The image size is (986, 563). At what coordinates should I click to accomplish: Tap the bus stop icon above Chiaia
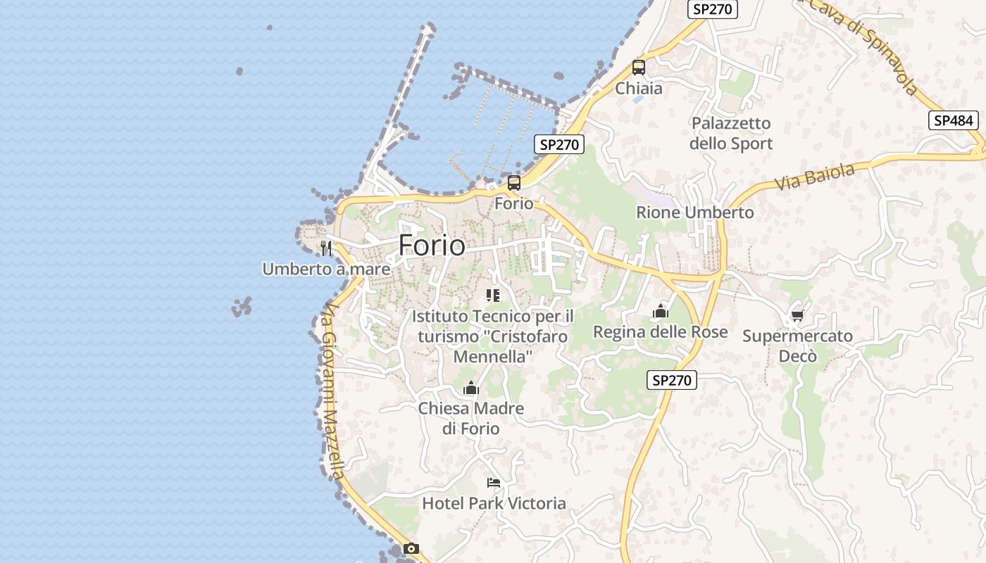pyautogui.click(x=639, y=68)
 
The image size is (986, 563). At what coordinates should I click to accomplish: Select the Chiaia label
pyautogui.click(x=639, y=89)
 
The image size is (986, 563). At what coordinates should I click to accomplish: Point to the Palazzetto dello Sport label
pyautogui.click(x=731, y=133)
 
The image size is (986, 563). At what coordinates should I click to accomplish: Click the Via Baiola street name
pyautogui.click(x=815, y=176)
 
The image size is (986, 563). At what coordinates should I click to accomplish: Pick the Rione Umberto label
pyautogui.click(x=694, y=212)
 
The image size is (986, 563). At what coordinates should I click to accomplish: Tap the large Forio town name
pyautogui.click(x=432, y=245)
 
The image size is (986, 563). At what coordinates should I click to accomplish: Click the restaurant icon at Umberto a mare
pyautogui.click(x=325, y=248)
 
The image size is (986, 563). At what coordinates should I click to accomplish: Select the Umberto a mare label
pyautogui.click(x=326, y=269)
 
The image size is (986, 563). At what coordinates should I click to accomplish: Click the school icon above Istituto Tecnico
pyautogui.click(x=493, y=296)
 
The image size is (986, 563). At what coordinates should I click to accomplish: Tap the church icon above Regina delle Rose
pyautogui.click(x=661, y=310)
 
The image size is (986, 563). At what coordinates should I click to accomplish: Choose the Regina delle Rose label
pyautogui.click(x=661, y=331)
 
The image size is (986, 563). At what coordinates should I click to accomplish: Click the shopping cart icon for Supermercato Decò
pyautogui.click(x=797, y=315)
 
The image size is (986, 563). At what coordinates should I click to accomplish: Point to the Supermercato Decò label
pyautogui.click(x=797, y=346)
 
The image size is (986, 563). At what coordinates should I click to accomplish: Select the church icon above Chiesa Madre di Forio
pyautogui.click(x=471, y=388)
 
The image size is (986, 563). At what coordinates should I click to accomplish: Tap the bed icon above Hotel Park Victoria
pyautogui.click(x=494, y=483)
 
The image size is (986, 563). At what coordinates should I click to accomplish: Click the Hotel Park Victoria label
pyautogui.click(x=494, y=503)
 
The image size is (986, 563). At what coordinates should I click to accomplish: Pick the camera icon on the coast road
pyautogui.click(x=411, y=548)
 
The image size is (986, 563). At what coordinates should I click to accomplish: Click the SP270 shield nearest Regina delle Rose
pyautogui.click(x=672, y=380)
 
